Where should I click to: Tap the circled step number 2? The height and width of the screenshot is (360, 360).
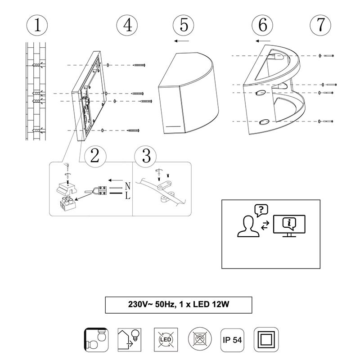[95, 156]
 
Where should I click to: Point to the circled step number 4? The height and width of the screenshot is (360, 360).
[127, 25]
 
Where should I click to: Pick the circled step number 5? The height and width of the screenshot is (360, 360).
[184, 25]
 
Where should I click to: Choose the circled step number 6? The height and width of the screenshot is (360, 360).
[262, 25]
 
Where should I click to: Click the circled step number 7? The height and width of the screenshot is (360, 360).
[320, 25]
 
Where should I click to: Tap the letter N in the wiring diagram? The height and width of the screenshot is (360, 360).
[127, 185]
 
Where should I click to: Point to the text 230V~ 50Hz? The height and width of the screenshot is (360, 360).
[148, 305]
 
